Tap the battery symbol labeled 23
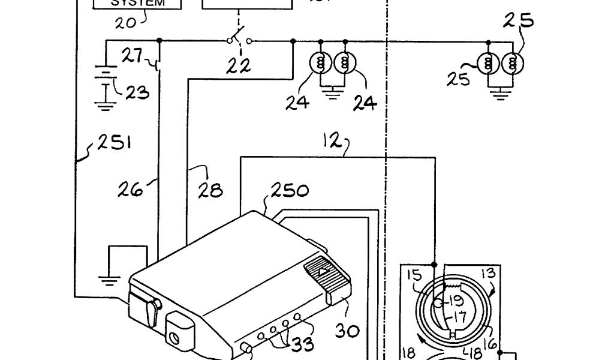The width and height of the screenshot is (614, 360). (x=106, y=80)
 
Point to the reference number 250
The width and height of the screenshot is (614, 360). (x=290, y=191)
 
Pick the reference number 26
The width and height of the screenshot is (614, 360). (x=131, y=190)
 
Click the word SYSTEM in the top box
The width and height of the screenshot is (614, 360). (x=137, y=2)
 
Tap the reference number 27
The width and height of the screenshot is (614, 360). (x=132, y=56)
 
